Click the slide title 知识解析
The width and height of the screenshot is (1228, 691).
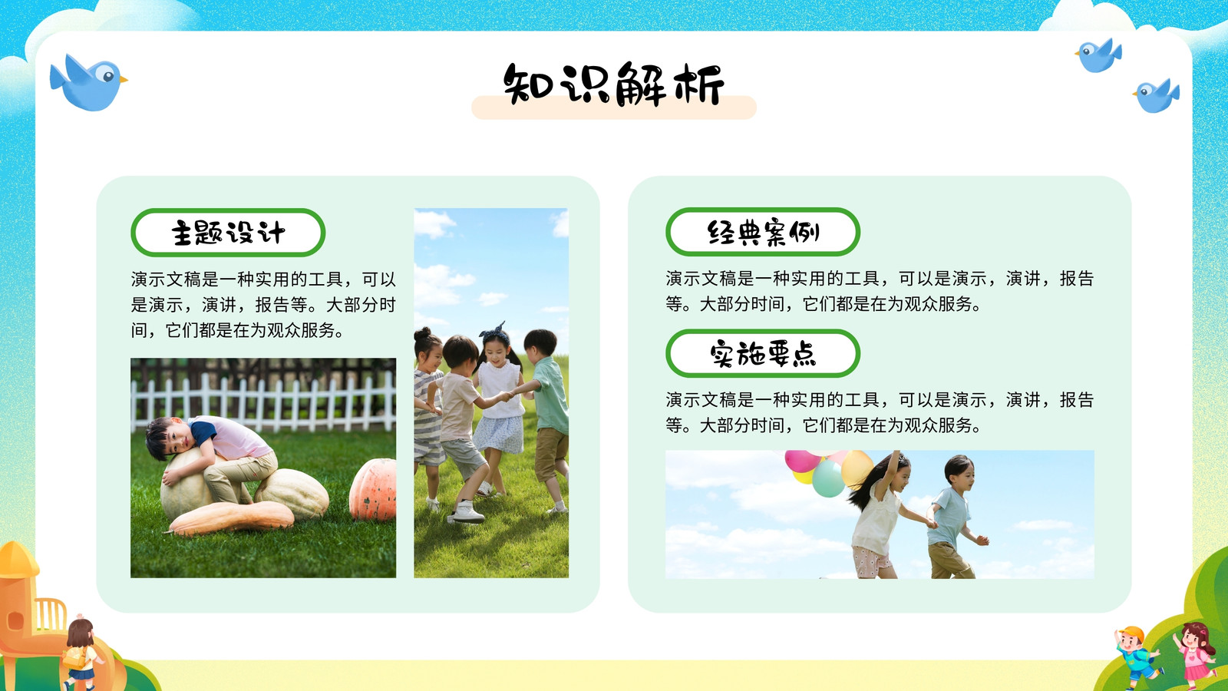point(614,85)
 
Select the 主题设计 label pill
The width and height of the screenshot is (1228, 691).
point(228,233)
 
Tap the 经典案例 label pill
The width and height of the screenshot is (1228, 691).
point(763,232)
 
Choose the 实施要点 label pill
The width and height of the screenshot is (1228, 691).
point(763,353)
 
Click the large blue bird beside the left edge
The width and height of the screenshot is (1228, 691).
point(87,82)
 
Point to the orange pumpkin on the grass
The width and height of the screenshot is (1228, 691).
point(373,490)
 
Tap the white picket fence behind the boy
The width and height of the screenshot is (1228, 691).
point(263,402)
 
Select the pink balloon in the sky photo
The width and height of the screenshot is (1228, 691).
point(802,461)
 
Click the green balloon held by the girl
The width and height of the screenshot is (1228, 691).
point(828,478)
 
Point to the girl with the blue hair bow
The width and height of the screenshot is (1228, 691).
point(498,406)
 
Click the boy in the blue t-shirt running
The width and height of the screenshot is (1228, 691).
point(954,515)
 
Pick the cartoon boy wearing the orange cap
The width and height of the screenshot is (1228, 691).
point(1137,658)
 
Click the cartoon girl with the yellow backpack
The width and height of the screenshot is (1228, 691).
point(80,653)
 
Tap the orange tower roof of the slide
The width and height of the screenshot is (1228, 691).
point(18,560)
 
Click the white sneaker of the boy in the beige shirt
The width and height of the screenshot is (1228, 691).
point(467,513)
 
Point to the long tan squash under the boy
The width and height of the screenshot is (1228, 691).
point(231,517)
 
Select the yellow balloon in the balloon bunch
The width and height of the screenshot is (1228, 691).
point(857,468)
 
